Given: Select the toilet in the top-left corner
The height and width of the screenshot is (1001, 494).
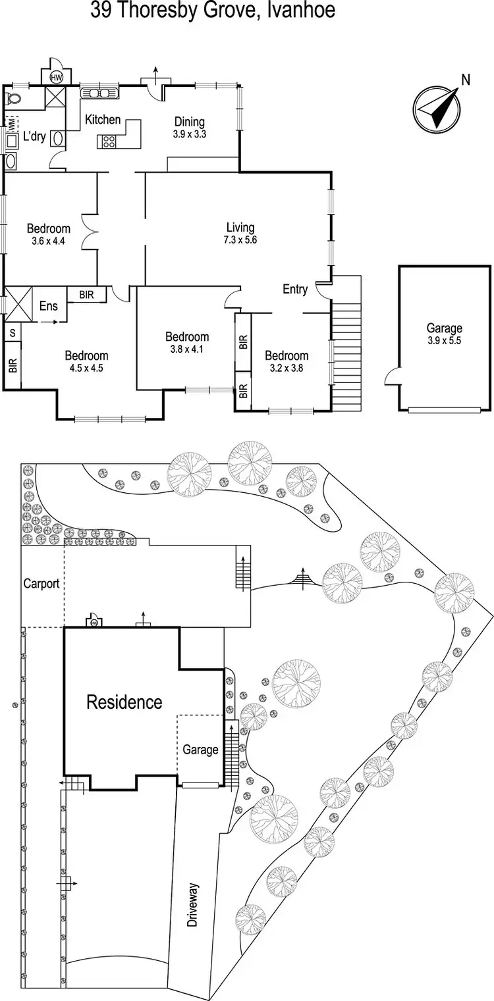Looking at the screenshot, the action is click(12, 99).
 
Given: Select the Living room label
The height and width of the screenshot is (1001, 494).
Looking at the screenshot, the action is click(240, 228).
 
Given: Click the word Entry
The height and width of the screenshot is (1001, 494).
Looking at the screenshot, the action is click(295, 289).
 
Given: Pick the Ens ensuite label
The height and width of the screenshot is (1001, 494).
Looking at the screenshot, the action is click(48, 305).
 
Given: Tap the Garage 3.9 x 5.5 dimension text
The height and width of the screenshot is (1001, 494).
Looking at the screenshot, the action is click(444, 340).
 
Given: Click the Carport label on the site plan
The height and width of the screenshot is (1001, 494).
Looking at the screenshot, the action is click(41, 583).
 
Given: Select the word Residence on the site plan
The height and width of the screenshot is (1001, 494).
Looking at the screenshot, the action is click(124, 702).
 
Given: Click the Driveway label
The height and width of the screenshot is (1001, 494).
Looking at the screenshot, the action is click(192, 905).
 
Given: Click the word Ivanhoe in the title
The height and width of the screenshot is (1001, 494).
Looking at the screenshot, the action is click(303, 11).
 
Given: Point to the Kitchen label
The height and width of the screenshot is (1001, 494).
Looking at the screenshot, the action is click(102, 119).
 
